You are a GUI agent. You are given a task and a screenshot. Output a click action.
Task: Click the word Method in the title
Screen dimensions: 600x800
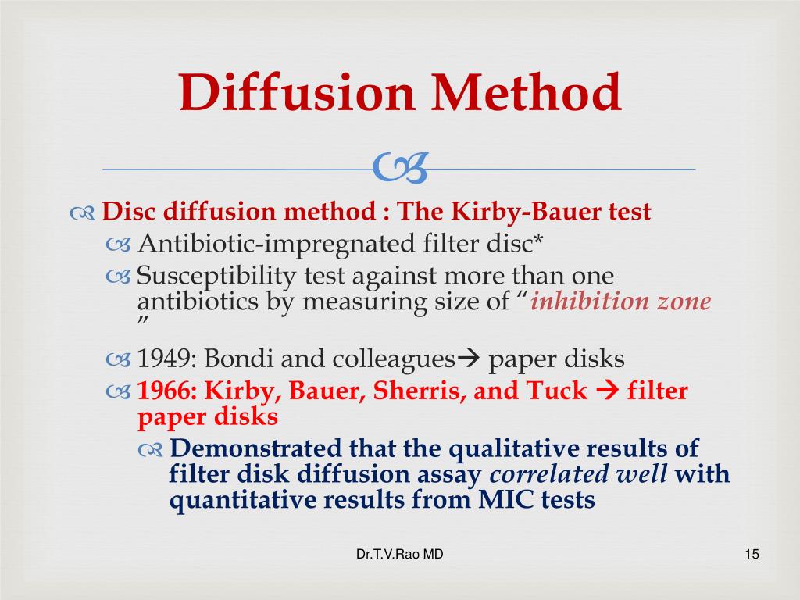pos(521,93)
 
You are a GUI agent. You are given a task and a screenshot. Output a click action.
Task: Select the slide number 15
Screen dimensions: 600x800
pos(752,555)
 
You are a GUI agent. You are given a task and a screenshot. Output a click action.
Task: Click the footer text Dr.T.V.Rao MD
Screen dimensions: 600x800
pos(399,555)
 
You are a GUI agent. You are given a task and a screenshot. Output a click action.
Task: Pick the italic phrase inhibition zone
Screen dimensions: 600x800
pos(621,302)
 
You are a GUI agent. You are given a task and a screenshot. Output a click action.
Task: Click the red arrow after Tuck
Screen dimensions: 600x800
pos(607,391)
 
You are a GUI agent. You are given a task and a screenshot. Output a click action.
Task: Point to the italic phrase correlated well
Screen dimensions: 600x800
pos(578,474)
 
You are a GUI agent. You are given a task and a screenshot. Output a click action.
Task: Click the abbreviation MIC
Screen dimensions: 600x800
pos(498,500)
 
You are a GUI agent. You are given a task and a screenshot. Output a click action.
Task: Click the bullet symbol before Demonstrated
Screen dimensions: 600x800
pos(152,450)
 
